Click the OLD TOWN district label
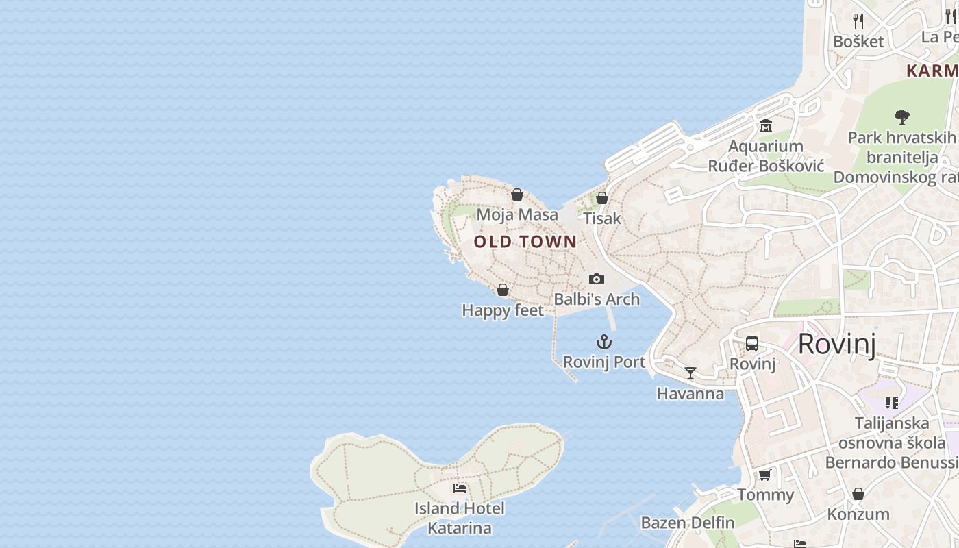(525, 242)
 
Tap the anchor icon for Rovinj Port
(603, 342)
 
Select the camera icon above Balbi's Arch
(597, 279)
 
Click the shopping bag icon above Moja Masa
(517, 195)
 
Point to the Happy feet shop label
(503, 310)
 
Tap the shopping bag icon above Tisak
(602, 199)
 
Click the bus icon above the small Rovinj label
(752, 344)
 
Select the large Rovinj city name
(836, 344)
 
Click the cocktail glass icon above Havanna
(690, 373)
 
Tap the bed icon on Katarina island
(460, 488)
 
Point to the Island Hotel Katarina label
(460, 519)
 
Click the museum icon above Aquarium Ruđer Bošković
(765, 126)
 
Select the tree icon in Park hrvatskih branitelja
(902, 117)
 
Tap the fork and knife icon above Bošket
(858, 21)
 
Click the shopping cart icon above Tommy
(765, 475)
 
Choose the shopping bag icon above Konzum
(858, 494)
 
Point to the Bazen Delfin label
(688, 523)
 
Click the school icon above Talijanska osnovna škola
(891, 402)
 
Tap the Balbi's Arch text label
(597, 299)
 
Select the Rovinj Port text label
(603, 362)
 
